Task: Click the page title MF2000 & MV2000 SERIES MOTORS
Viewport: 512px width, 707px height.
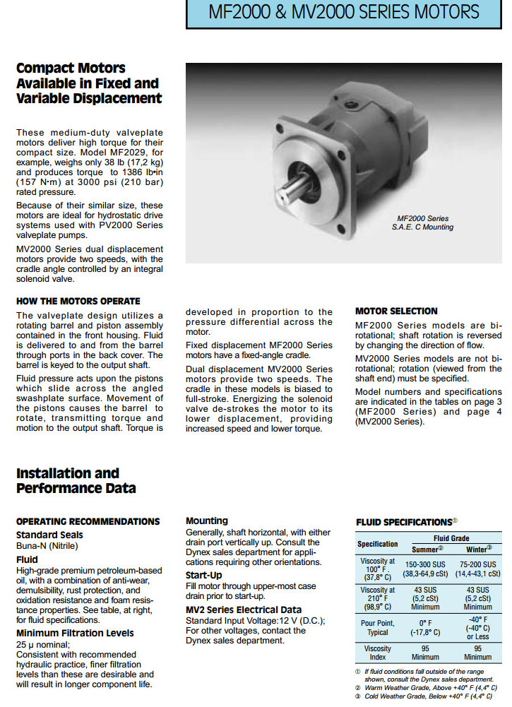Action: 343,12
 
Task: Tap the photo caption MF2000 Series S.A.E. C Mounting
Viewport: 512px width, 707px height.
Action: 422,223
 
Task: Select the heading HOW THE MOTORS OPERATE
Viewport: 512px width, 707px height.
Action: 78,301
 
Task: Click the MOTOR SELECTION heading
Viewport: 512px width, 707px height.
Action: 396,311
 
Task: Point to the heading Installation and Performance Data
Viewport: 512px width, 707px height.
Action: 76,480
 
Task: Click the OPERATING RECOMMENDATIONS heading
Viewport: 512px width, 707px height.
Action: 88,521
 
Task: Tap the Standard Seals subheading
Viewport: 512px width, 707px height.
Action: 49,535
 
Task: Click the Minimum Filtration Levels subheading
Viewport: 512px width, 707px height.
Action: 75,633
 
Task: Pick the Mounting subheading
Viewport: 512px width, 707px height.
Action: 207,521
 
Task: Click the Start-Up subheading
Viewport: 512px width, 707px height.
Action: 204,575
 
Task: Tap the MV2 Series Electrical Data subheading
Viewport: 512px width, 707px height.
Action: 244,610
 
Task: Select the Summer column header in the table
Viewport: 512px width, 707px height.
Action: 426,549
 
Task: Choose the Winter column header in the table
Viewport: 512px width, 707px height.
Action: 478,549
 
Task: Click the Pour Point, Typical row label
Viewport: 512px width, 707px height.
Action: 378,628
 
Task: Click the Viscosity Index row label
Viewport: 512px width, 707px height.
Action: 378,653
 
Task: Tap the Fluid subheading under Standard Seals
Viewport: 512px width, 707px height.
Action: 28,559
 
